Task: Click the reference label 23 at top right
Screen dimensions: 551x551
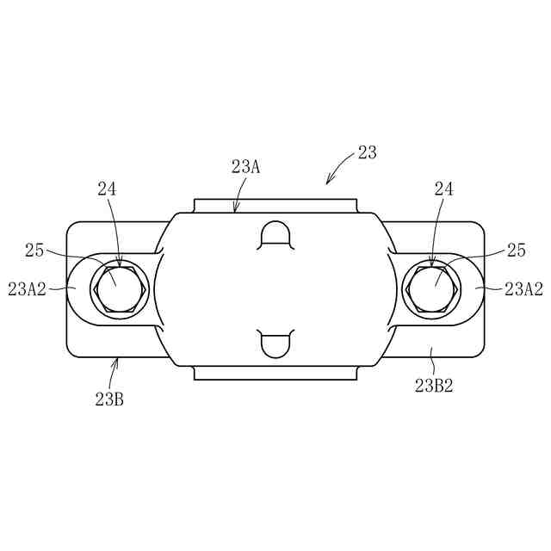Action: pos(368,152)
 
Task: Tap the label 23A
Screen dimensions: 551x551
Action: pos(245,166)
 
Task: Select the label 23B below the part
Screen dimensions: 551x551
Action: pos(109,399)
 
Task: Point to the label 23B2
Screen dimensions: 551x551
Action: pos(434,386)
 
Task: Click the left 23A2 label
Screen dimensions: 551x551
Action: pos(27,289)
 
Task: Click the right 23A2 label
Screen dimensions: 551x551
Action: pos(523,289)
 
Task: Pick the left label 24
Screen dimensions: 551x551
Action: pos(107,189)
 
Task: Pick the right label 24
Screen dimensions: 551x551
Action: pos(444,189)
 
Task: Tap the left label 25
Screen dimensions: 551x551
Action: pos(34,251)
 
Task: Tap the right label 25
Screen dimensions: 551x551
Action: pos(517,251)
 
